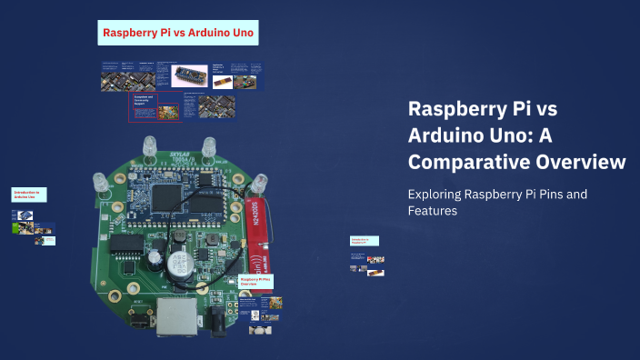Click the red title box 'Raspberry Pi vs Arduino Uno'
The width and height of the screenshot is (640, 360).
180,34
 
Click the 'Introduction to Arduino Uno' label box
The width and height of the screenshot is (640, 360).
28,195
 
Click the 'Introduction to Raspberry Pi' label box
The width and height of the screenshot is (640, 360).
364,241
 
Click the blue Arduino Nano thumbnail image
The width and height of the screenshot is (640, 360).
190,75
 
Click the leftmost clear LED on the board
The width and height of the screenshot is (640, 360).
101,183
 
